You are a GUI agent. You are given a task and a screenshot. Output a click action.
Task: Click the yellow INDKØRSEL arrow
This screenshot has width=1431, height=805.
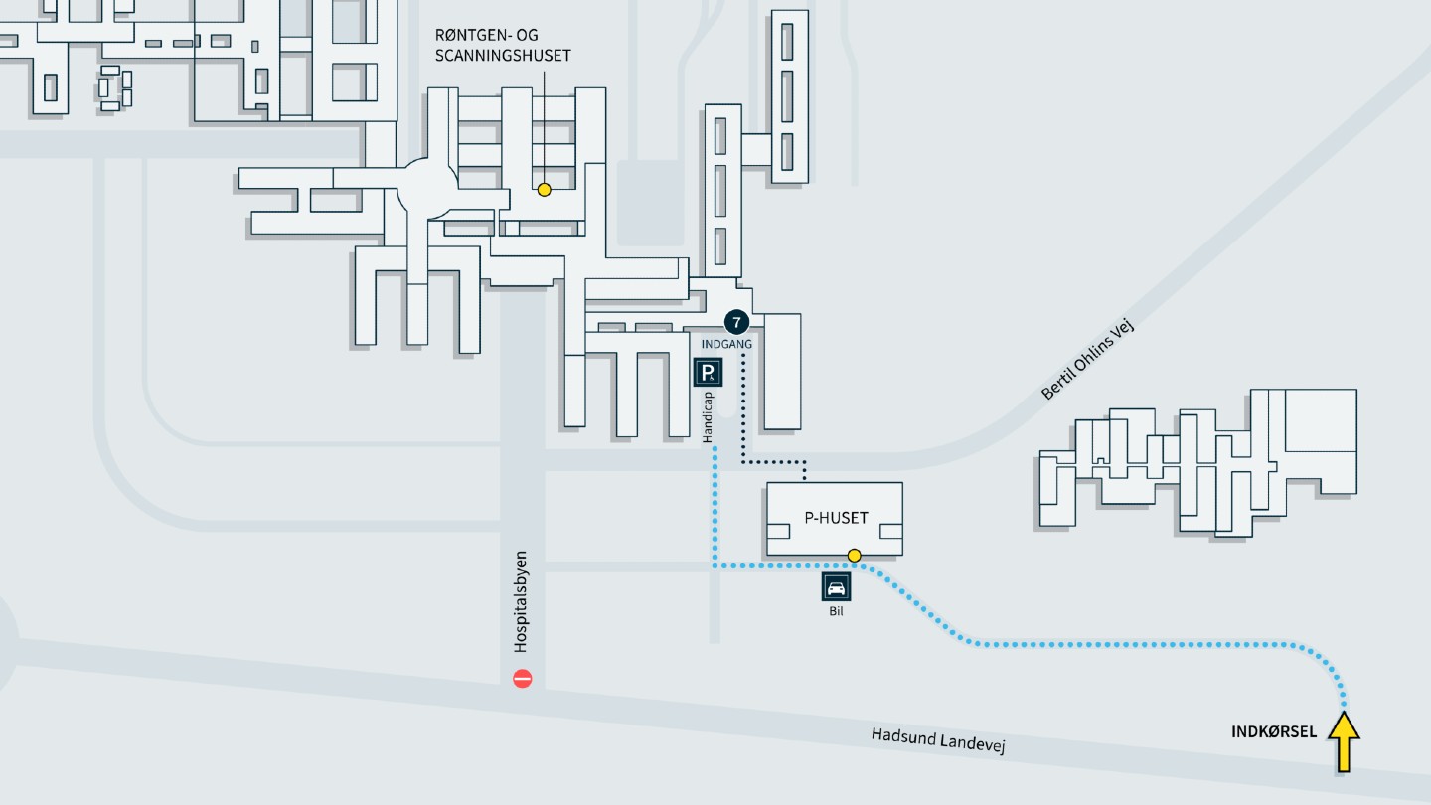(1344, 741)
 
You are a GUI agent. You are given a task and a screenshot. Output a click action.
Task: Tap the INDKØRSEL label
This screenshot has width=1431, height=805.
(1274, 731)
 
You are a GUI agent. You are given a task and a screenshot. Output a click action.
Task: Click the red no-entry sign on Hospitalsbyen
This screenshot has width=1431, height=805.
(523, 679)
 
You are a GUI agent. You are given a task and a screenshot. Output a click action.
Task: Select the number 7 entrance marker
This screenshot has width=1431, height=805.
(736, 322)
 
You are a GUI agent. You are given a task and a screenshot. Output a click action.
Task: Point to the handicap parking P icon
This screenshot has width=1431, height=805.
(708, 373)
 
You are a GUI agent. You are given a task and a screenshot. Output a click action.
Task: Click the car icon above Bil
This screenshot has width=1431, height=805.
(836, 587)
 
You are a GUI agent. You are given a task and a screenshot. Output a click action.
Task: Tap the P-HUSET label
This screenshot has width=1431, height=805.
(836, 518)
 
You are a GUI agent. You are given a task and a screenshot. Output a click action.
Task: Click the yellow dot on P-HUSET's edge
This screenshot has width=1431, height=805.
(855, 556)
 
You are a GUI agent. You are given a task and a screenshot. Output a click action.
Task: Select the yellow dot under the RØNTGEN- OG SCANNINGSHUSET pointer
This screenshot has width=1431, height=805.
(545, 190)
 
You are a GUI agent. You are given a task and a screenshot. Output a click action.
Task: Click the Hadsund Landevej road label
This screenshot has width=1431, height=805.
(938, 740)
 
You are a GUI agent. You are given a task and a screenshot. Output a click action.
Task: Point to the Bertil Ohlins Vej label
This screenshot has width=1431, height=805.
(1087, 359)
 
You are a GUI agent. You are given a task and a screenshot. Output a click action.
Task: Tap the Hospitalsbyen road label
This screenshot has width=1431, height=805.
(522, 602)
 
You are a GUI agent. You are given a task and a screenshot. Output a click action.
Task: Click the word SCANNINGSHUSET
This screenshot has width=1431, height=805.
(503, 56)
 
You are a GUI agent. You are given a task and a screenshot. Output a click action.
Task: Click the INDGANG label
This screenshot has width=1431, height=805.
(726, 344)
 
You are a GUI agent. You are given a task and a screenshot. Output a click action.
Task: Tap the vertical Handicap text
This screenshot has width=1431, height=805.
(708, 417)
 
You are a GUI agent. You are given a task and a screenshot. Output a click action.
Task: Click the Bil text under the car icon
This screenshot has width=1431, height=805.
(836, 611)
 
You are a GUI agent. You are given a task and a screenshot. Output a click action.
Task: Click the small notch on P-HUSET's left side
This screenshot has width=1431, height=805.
(778, 531)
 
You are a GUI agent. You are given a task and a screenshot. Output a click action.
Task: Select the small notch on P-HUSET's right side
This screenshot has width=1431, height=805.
(891, 531)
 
